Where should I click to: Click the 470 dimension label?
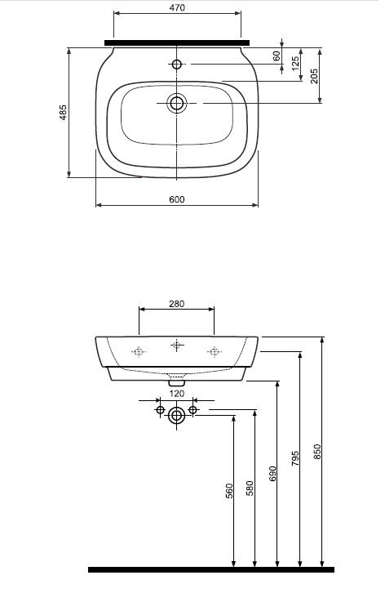point(177,7)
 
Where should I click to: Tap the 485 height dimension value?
point(63,113)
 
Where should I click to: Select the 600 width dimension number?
point(177,199)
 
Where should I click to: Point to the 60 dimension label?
point(277,56)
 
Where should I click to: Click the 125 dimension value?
point(295,64)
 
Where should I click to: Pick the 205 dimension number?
point(314,76)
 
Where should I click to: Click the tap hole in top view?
point(176,64)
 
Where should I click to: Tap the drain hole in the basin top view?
point(176,103)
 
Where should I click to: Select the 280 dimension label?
point(176,304)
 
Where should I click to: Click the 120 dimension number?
point(176,394)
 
